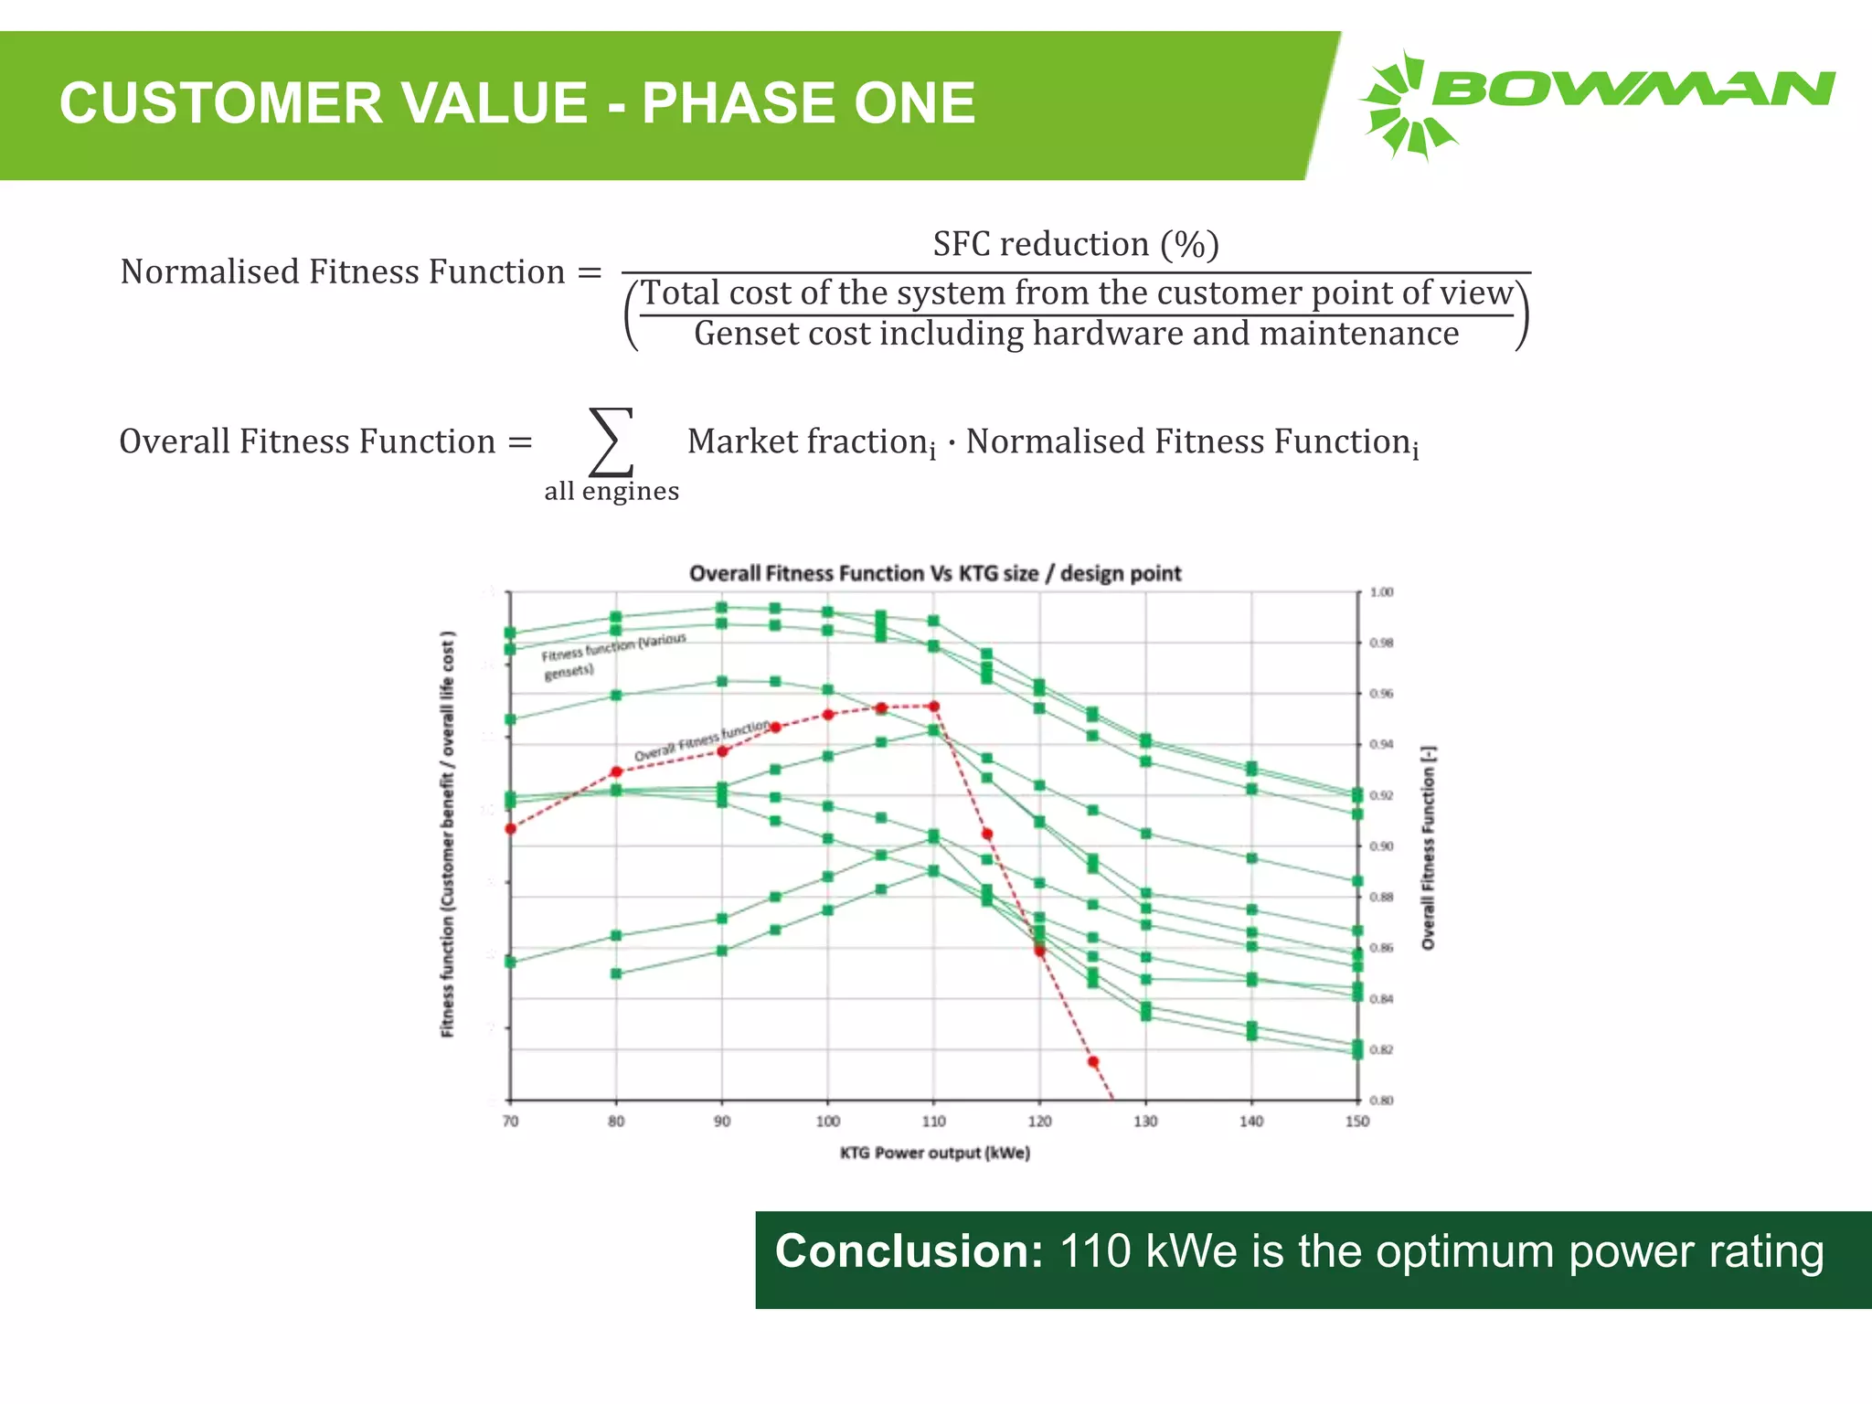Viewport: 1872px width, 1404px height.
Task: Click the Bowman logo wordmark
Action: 1632,90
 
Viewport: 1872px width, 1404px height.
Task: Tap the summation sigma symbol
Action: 611,442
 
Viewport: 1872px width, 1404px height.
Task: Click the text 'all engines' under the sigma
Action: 612,492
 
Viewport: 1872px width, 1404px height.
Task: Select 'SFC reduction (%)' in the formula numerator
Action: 1076,245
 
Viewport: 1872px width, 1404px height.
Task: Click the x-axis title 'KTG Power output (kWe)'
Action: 934,1153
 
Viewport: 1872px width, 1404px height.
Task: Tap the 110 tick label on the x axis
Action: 933,1122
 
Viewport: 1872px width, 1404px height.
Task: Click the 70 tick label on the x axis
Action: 510,1122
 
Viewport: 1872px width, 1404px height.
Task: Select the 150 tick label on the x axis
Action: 1356,1122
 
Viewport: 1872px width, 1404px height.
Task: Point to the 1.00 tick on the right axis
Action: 1381,592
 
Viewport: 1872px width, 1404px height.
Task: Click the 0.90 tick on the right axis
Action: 1381,846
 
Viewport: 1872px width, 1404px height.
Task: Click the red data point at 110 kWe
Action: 933,706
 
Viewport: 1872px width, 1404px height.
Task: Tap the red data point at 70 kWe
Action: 510,829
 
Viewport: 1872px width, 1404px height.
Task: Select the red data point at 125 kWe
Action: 1092,1061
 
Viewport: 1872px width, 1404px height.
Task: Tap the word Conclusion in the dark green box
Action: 909,1251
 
